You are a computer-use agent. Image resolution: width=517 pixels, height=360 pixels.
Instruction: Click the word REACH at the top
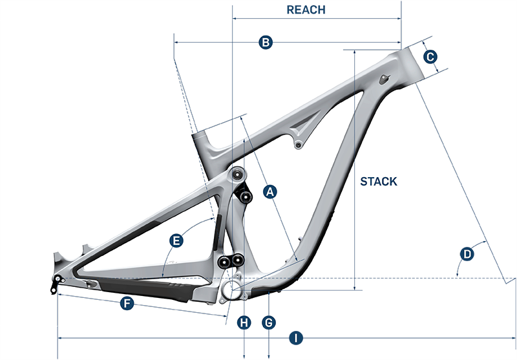[306, 10]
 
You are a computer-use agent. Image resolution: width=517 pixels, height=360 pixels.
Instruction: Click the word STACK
[379, 182]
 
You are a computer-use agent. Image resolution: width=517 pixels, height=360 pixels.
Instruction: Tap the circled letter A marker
[270, 191]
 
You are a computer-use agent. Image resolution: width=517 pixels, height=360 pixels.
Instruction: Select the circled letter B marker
[266, 43]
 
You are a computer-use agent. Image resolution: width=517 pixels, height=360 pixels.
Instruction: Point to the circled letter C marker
[430, 57]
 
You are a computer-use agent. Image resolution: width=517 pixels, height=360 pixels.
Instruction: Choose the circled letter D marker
[467, 254]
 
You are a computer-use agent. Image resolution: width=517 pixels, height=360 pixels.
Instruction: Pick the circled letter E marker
[176, 240]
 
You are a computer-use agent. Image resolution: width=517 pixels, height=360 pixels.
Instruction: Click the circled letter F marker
[127, 303]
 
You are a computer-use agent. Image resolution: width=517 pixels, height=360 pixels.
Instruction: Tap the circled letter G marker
[269, 323]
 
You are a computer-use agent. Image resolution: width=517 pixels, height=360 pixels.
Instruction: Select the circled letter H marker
[244, 323]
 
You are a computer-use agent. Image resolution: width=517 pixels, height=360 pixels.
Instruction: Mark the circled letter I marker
[296, 338]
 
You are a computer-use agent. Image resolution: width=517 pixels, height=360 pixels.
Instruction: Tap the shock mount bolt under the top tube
[299, 145]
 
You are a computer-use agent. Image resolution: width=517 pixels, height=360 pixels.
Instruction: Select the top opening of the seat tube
[199, 135]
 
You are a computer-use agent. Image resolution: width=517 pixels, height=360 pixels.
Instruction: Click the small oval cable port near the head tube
[385, 79]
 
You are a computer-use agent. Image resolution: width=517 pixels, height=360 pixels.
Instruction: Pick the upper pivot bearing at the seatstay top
[237, 175]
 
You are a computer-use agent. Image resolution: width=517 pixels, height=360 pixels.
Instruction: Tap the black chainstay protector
[145, 288]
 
